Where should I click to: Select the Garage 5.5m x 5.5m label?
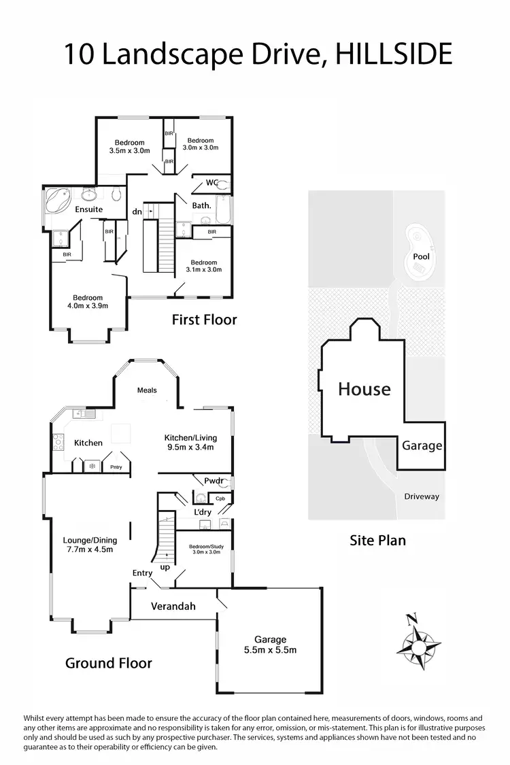271,645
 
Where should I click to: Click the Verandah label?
173,606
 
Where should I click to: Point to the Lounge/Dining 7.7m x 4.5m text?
88,545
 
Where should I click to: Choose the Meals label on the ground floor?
147,390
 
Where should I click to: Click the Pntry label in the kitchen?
116,466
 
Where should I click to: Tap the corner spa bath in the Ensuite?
60,201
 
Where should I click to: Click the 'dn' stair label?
137,211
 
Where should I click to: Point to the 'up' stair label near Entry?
164,566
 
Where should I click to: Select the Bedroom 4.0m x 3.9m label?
88,302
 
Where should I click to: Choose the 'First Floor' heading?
204,319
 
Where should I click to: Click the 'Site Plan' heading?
377,541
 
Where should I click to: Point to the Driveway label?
422,496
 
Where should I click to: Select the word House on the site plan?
364,389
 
